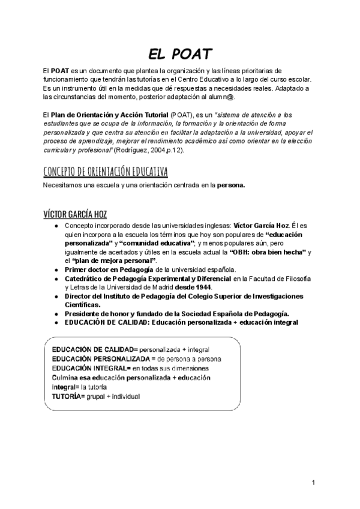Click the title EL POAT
[x=180, y=55]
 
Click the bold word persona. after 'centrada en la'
[x=231, y=185]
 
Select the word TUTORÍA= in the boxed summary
[x=68, y=397]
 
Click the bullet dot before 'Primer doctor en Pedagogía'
[x=56, y=270]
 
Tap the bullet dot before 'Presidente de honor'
[x=56, y=313]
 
